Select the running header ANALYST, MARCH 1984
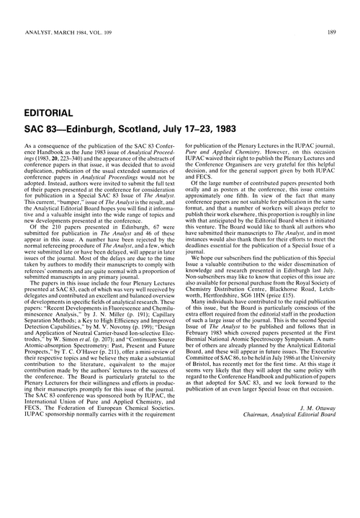coord(60,11)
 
